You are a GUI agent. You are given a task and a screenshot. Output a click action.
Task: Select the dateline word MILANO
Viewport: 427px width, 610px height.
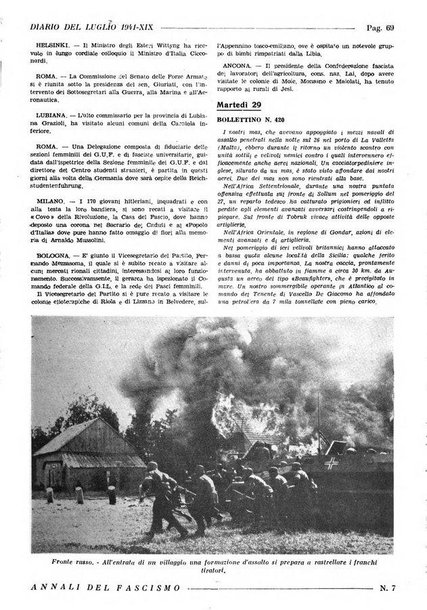(49, 201)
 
